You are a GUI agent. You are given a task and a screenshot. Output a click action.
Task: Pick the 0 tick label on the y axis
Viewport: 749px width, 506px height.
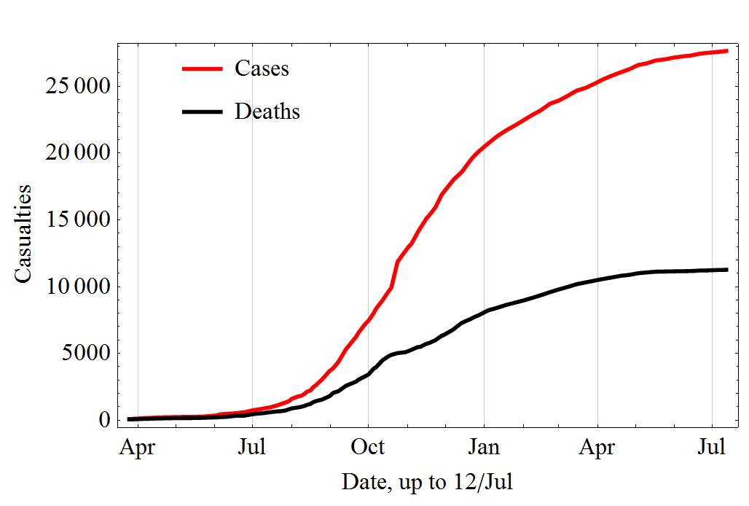(104, 421)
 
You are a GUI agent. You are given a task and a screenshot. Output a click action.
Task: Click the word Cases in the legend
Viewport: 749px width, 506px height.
(262, 69)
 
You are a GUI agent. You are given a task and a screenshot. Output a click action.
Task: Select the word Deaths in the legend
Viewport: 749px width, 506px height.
(267, 112)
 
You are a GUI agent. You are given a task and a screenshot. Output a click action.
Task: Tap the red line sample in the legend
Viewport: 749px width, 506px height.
(202, 69)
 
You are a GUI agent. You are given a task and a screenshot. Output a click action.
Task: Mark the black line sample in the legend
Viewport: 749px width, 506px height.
(202, 112)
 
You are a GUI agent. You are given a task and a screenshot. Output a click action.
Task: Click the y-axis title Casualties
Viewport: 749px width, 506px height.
(24, 233)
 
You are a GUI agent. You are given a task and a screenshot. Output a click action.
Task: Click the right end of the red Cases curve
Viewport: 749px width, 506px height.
(726, 51)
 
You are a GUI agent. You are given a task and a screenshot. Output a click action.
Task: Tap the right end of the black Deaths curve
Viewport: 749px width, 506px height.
(726, 270)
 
